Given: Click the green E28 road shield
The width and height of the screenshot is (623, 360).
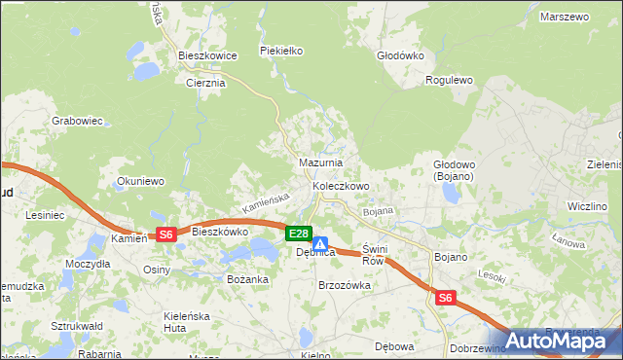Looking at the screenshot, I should (299, 234).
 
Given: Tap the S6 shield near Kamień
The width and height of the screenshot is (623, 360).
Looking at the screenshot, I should (165, 234).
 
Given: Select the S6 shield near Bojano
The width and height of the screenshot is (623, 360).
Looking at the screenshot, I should (445, 299).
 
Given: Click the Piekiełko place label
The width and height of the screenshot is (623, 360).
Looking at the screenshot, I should (282, 50).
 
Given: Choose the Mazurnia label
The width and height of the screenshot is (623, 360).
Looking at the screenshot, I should (320, 162).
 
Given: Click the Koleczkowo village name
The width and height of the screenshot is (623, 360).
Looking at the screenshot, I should (341, 185).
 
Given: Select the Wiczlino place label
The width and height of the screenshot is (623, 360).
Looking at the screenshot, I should (588, 207).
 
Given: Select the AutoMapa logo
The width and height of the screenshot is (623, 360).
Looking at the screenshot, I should (559, 341).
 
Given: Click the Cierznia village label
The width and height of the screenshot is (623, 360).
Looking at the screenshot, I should (205, 83).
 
